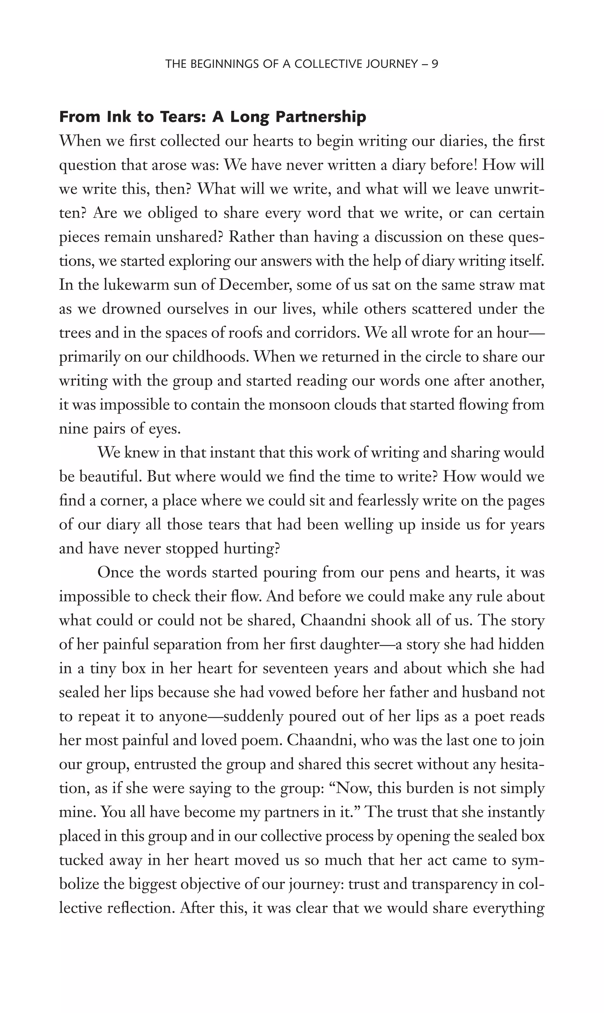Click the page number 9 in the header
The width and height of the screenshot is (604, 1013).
point(434,64)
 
